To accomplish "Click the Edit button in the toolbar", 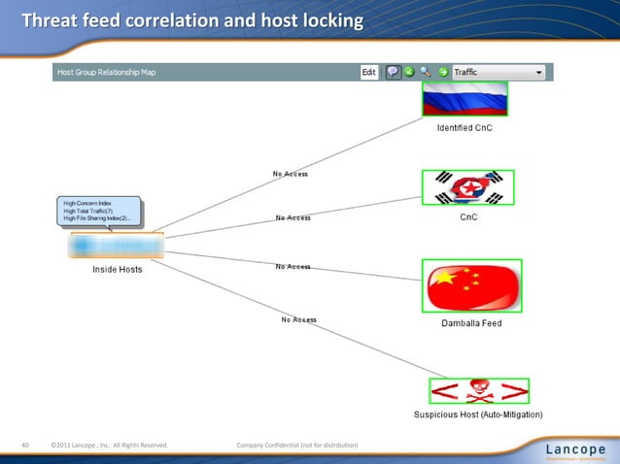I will [368, 72].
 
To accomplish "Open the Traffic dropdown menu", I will [499, 72].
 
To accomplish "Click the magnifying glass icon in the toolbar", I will [426, 72].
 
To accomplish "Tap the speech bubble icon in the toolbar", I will [394, 72].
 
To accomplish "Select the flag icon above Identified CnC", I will [465, 100].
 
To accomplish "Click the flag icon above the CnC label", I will [467, 187].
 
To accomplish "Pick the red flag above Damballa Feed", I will [471, 285].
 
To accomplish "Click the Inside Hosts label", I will [117, 269].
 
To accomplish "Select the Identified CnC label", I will [464, 129].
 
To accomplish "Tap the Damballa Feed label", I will [471, 323].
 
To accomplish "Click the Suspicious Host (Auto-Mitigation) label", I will [478, 414].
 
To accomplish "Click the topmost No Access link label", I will [290, 174].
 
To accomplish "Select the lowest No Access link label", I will [298, 319].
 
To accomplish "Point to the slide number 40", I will [26, 446].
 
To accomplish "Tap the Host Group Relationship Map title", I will [107, 72].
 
